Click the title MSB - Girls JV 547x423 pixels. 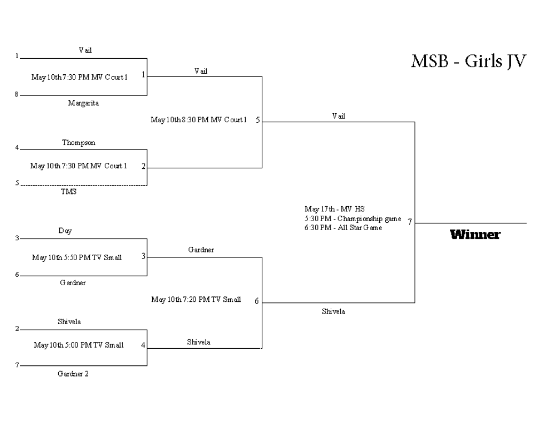(x=468, y=61)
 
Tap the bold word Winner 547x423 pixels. (x=475, y=234)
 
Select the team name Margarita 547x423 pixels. (x=83, y=103)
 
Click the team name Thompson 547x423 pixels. (x=79, y=143)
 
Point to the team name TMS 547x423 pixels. (x=68, y=191)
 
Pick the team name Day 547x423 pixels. (x=65, y=231)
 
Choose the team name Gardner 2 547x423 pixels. (x=73, y=374)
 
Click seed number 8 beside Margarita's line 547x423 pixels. (x=17, y=95)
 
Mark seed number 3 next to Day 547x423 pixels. (x=17, y=238)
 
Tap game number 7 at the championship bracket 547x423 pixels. (x=410, y=222)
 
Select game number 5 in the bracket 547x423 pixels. (x=257, y=120)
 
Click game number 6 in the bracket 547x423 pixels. (x=256, y=301)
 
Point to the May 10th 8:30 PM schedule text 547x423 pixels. (x=199, y=120)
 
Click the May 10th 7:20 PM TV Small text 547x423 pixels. (x=196, y=300)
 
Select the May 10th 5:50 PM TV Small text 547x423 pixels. (x=77, y=258)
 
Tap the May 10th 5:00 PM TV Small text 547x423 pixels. (x=79, y=345)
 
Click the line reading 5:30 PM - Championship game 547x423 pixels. (x=353, y=218)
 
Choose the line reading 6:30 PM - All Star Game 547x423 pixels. (x=343, y=228)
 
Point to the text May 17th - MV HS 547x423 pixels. (x=334, y=209)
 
